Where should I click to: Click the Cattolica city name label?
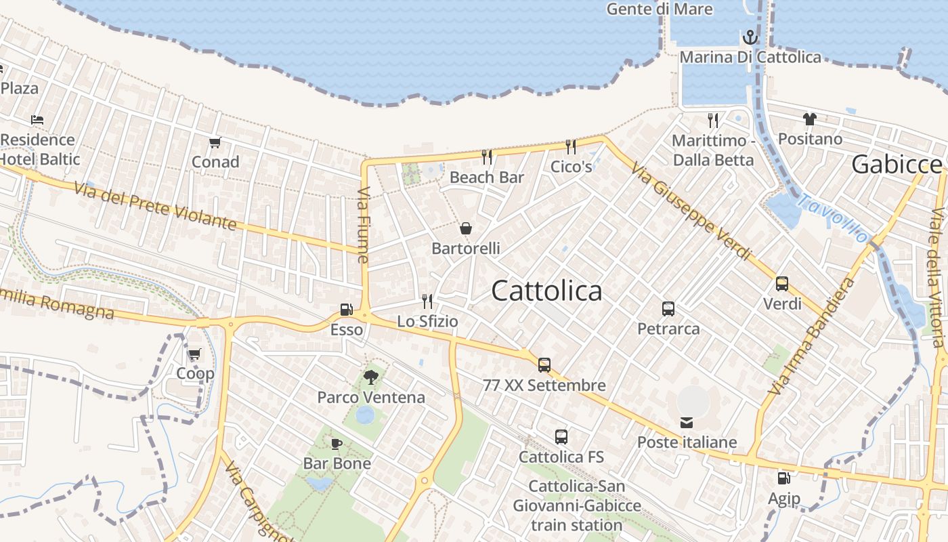[546, 291]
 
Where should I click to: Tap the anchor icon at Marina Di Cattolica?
[750, 37]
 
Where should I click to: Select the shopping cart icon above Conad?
[215, 142]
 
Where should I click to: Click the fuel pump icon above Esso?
[346, 310]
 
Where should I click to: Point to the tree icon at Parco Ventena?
[370, 377]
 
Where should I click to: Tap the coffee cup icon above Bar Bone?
[337, 444]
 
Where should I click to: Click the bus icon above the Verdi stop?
[782, 284]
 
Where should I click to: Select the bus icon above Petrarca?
[668, 309]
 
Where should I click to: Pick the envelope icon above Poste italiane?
[687, 423]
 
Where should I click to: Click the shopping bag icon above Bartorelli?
[466, 228]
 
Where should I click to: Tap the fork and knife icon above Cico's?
[571, 146]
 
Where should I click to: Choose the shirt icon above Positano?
[810, 119]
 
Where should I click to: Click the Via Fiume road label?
[364, 224]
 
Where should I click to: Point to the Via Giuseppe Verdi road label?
[691, 211]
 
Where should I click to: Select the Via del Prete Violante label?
[155, 206]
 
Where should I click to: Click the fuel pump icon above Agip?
[783, 478]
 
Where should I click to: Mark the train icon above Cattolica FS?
[561, 437]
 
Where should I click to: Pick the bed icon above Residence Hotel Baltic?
[37, 120]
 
